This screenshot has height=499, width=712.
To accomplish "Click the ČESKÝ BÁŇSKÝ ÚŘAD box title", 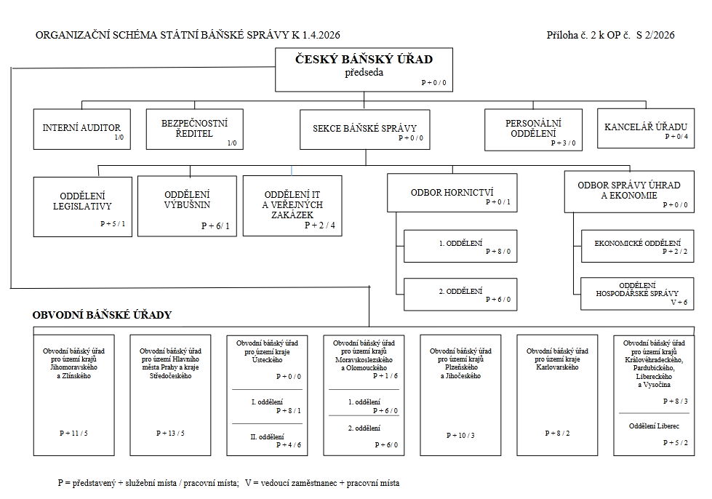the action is pos(364,59).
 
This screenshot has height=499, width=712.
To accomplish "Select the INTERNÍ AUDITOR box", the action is pos(81,129).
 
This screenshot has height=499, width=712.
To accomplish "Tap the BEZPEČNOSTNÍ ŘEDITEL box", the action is pos(194,129).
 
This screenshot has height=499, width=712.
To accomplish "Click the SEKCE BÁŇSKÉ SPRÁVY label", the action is pos(364,129).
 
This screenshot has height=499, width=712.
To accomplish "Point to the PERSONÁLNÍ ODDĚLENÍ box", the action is pos(533,129).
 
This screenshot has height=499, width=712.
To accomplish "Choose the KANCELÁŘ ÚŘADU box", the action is pos(646,128).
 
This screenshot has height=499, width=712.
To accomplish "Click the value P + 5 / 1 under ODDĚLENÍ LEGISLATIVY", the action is pos(113,223).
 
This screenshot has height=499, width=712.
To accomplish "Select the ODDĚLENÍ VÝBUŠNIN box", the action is pos(187,206).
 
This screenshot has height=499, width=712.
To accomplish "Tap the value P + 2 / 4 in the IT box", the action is pos(320,225).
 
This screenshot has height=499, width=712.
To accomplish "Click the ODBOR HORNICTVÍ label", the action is pos(452,193).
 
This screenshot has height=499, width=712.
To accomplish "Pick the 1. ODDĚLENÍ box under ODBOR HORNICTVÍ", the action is pos(460,246).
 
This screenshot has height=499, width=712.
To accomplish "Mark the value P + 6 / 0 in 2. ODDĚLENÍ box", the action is pos(498,299).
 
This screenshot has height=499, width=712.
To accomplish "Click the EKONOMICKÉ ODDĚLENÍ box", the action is pos(638,246).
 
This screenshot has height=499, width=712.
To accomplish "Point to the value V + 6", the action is pos(679,302).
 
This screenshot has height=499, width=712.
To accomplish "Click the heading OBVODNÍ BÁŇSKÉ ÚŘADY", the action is pos(102,315).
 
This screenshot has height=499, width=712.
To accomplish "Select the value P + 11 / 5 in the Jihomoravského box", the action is pos(73,433).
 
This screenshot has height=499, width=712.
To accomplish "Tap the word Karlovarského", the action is pos(557,367).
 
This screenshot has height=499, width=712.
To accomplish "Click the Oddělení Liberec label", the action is pos(654,426).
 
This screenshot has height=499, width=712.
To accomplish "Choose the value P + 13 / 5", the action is pos(170,433).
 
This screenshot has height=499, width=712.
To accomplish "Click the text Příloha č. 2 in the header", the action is pos(571,35).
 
